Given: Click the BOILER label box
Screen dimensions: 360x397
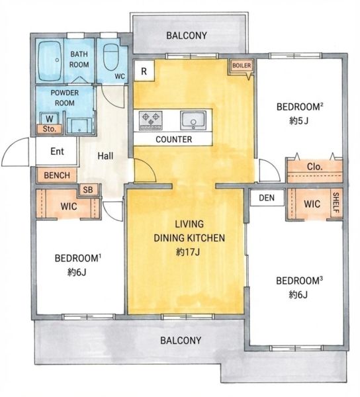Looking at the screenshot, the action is tap(242, 66).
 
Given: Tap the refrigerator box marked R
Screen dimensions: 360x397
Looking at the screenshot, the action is tap(144, 71).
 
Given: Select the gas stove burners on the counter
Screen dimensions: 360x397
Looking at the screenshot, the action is tap(151, 120).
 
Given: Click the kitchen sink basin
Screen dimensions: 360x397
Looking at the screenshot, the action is tap(193, 120).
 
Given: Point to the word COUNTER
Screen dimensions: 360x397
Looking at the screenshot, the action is tap(173, 139).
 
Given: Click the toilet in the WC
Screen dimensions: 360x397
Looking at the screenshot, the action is tap(111, 57).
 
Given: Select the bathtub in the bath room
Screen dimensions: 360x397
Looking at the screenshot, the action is tap(50, 61).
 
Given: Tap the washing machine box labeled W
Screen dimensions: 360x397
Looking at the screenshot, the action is tap(50, 118).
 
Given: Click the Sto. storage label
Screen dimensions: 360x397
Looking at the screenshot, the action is tap(50, 129).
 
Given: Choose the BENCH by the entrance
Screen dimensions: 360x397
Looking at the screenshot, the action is tap(57, 175).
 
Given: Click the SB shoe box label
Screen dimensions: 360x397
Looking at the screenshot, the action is tap(88, 190).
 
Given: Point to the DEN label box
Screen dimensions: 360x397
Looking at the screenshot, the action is tap(267, 198).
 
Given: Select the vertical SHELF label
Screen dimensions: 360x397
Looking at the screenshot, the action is tap(336, 203).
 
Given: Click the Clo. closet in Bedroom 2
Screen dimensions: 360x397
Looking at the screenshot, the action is tap(315, 170).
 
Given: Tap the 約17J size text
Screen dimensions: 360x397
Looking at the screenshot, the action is tap(188, 252).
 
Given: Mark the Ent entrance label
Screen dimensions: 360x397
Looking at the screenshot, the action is tap(57, 152).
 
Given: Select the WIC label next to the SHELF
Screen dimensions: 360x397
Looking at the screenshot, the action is tap(312, 204).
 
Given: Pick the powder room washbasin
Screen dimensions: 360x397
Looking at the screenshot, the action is tap(79, 126).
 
